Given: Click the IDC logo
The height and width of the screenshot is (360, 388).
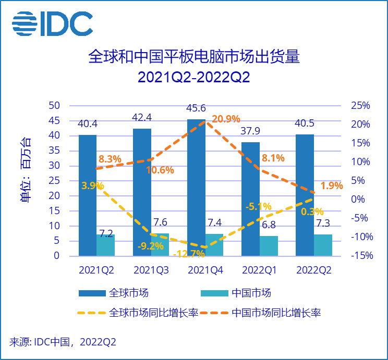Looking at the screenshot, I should [x=52, y=23].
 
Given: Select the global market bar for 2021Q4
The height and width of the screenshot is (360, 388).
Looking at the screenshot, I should [x=196, y=188].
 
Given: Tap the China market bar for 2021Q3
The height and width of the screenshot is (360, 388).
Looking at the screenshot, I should [x=160, y=244].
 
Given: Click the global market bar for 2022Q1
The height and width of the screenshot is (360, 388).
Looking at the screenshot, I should [x=250, y=198].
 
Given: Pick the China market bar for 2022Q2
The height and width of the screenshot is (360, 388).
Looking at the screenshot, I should [x=323, y=245].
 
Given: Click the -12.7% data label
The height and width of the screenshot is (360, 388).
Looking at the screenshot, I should [x=189, y=254].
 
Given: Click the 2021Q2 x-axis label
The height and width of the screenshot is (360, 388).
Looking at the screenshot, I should [x=96, y=270].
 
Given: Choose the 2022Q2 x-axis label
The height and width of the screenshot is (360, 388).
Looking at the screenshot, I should [x=314, y=270].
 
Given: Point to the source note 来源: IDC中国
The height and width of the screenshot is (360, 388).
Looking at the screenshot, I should [x=63, y=342].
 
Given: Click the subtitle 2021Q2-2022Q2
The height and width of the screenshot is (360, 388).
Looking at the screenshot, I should [x=194, y=77].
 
